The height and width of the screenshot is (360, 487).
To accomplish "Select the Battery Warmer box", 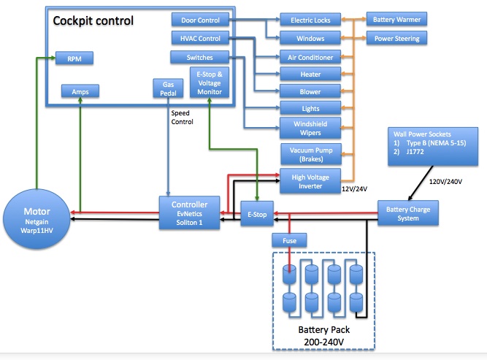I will coord(396,19).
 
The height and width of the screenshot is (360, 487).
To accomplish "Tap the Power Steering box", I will coord(396,38).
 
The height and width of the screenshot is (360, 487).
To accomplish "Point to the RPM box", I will coord(75,58).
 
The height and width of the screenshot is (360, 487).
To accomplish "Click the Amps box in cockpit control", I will coord(80,91).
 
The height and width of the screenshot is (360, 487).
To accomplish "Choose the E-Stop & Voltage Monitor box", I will coord(210,83).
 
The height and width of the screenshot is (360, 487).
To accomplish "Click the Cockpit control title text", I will coord(93,20).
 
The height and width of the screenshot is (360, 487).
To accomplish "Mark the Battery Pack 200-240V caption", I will coord(321,335).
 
